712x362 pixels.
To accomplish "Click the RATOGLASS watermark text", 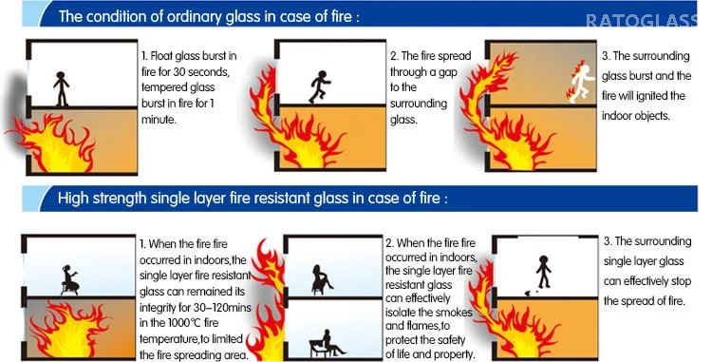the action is [642, 21].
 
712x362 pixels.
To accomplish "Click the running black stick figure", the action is [320, 86].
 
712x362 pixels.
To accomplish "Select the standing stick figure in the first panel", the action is [62, 89].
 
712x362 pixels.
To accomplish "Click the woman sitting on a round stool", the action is [69, 280].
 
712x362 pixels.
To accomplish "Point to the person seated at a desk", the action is [327, 343].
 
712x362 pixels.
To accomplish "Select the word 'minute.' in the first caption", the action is [159, 120].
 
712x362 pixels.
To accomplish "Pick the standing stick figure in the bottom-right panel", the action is [543, 272].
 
